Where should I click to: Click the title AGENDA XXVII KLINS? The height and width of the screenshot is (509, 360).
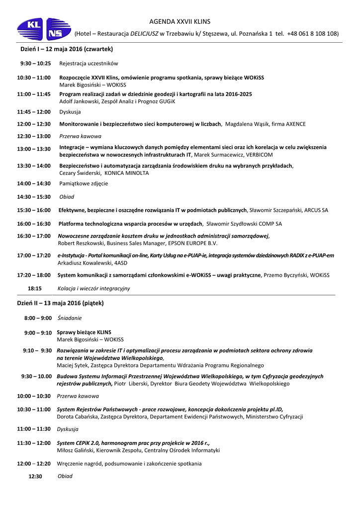tap(180, 21)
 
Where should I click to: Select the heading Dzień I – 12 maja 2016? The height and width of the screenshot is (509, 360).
tap(67, 49)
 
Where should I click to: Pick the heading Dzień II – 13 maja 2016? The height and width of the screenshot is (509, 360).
tap(60, 303)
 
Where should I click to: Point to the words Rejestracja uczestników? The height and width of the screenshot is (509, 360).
tap(89, 64)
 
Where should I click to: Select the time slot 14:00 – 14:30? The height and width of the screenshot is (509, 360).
tap(33, 183)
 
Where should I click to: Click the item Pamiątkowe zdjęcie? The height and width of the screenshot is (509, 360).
tap(84, 183)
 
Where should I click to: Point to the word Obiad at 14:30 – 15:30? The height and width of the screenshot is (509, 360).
tap(67, 197)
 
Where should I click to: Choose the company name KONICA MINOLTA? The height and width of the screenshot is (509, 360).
tap(126, 173)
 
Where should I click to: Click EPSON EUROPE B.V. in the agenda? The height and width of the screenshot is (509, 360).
tap(193, 243)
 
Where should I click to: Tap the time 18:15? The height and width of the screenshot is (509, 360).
tap(34, 288)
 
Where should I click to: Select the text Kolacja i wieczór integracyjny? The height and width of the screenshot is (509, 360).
tap(93, 288)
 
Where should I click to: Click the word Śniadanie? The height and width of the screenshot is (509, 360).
tap(69, 318)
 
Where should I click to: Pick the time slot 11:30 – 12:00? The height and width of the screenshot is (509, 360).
tap(33, 442)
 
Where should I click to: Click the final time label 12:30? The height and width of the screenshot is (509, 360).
tap(35, 476)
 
